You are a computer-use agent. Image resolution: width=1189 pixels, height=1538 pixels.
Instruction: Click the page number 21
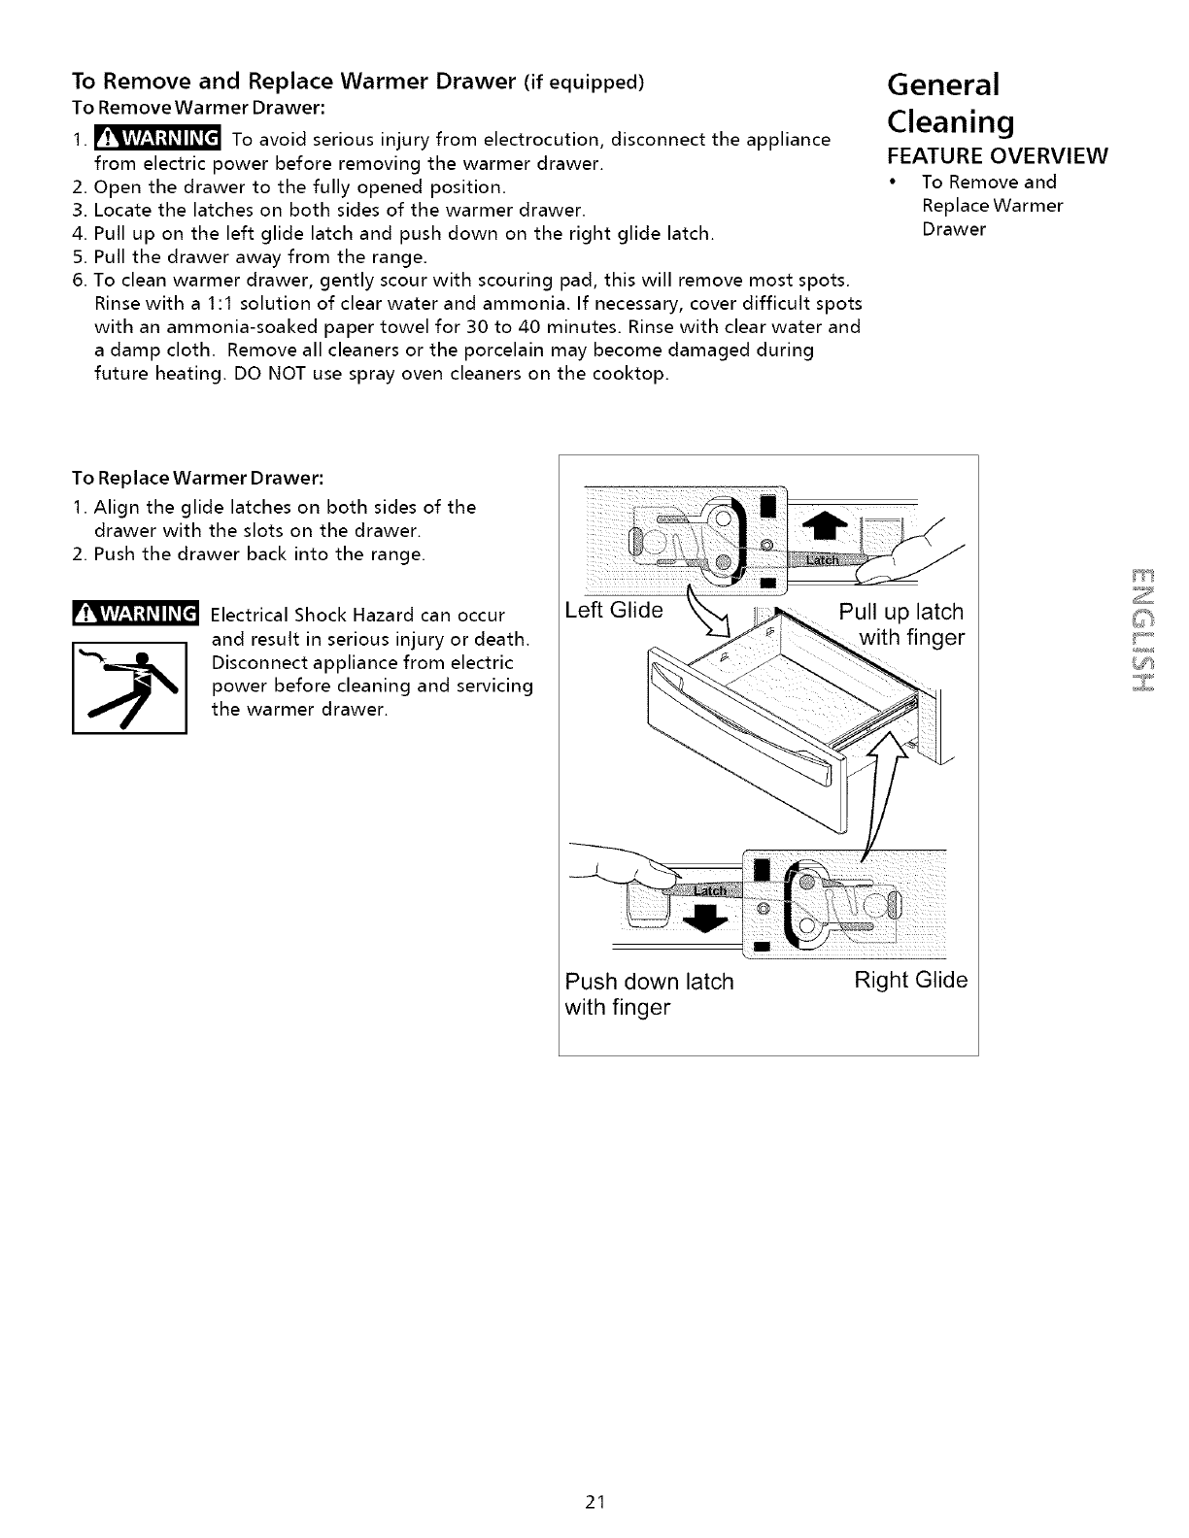point(595,1502)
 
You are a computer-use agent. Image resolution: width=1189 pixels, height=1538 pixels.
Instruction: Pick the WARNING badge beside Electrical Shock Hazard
point(135,615)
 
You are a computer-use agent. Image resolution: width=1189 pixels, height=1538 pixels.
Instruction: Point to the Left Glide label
point(614,611)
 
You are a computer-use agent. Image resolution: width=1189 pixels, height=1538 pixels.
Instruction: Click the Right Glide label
point(910,980)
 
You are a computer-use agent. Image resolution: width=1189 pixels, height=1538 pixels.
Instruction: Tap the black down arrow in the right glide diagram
point(708,916)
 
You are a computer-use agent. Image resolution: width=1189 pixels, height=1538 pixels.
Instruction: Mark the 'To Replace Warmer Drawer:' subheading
point(197,479)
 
